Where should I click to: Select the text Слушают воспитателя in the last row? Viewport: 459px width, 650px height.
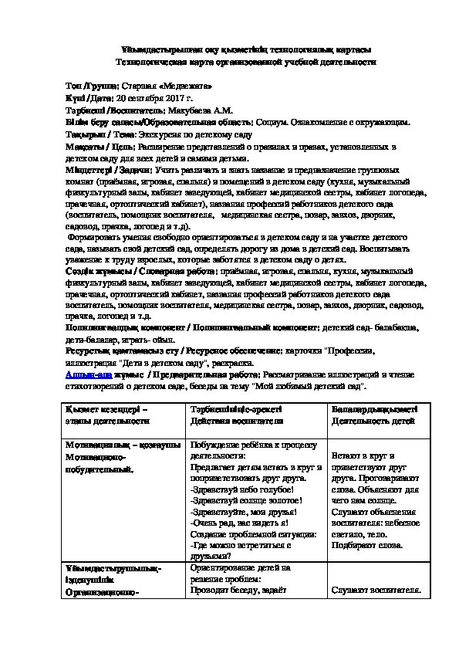pyautogui.click(x=375, y=591)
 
